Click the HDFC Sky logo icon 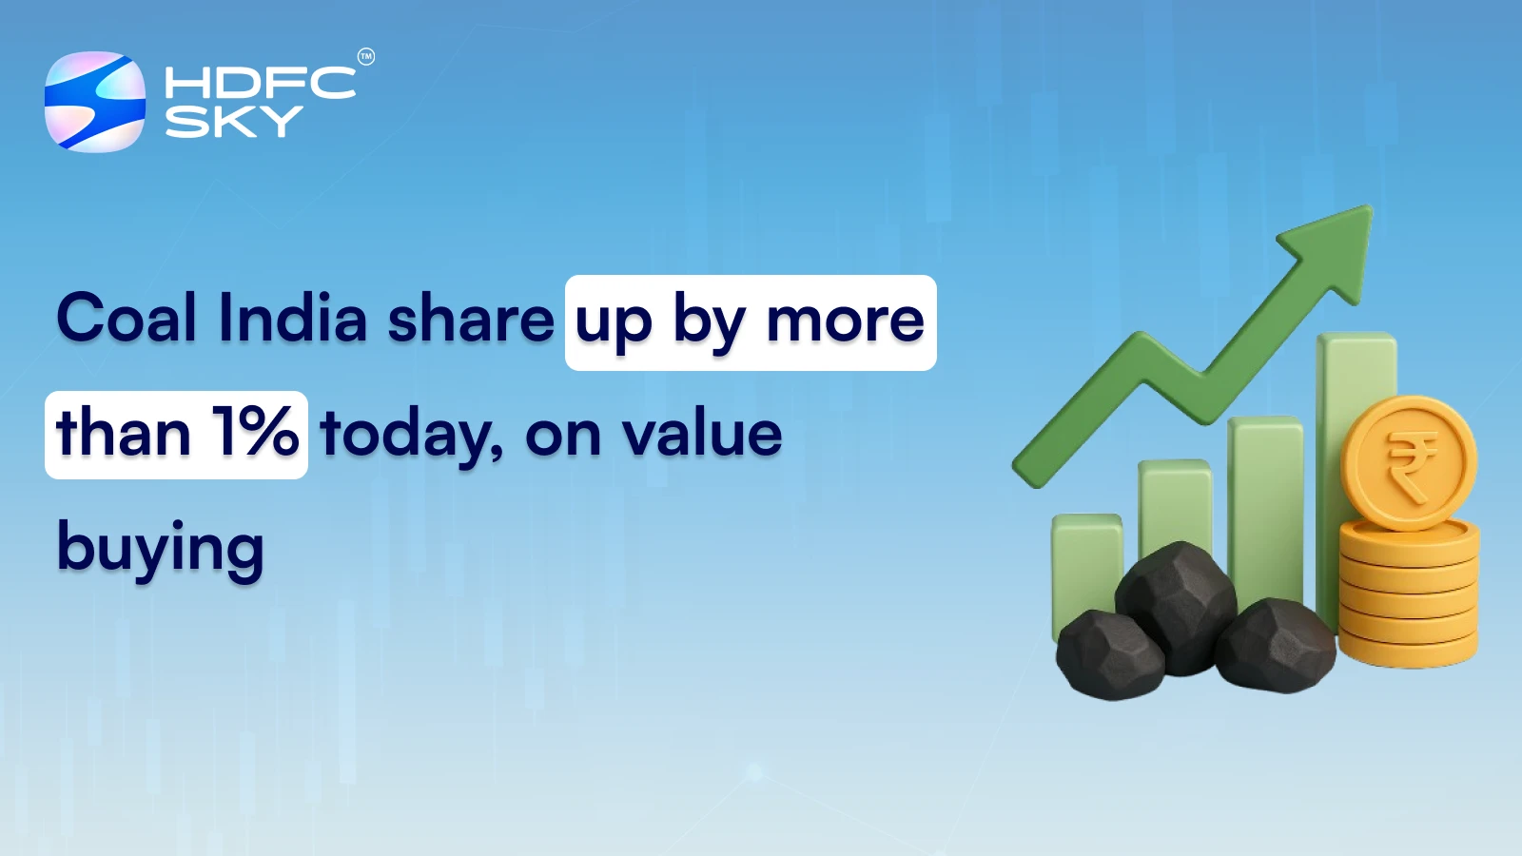pyautogui.click(x=95, y=102)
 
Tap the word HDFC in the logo pyautogui.click(x=260, y=83)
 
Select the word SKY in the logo pyautogui.click(x=233, y=122)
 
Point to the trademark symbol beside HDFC pyautogui.click(x=366, y=57)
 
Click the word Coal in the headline pyautogui.click(x=127, y=318)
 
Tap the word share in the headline pyautogui.click(x=470, y=320)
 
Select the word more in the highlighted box pyautogui.click(x=845, y=321)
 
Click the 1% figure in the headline pyautogui.click(x=255, y=433)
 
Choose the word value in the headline pyautogui.click(x=702, y=434)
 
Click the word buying pyautogui.click(x=160, y=550)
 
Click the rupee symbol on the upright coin pyautogui.click(x=1410, y=464)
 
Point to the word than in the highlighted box pyautogui.click(x=124, y=433)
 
